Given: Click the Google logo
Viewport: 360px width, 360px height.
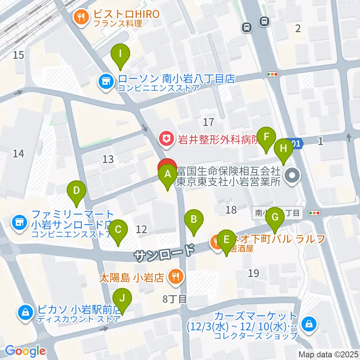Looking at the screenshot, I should click(x=25, y=351).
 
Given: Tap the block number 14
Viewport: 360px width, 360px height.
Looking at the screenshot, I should click(x=18, y=153).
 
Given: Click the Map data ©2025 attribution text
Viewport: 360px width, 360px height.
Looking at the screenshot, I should click(x=327, y=354).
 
